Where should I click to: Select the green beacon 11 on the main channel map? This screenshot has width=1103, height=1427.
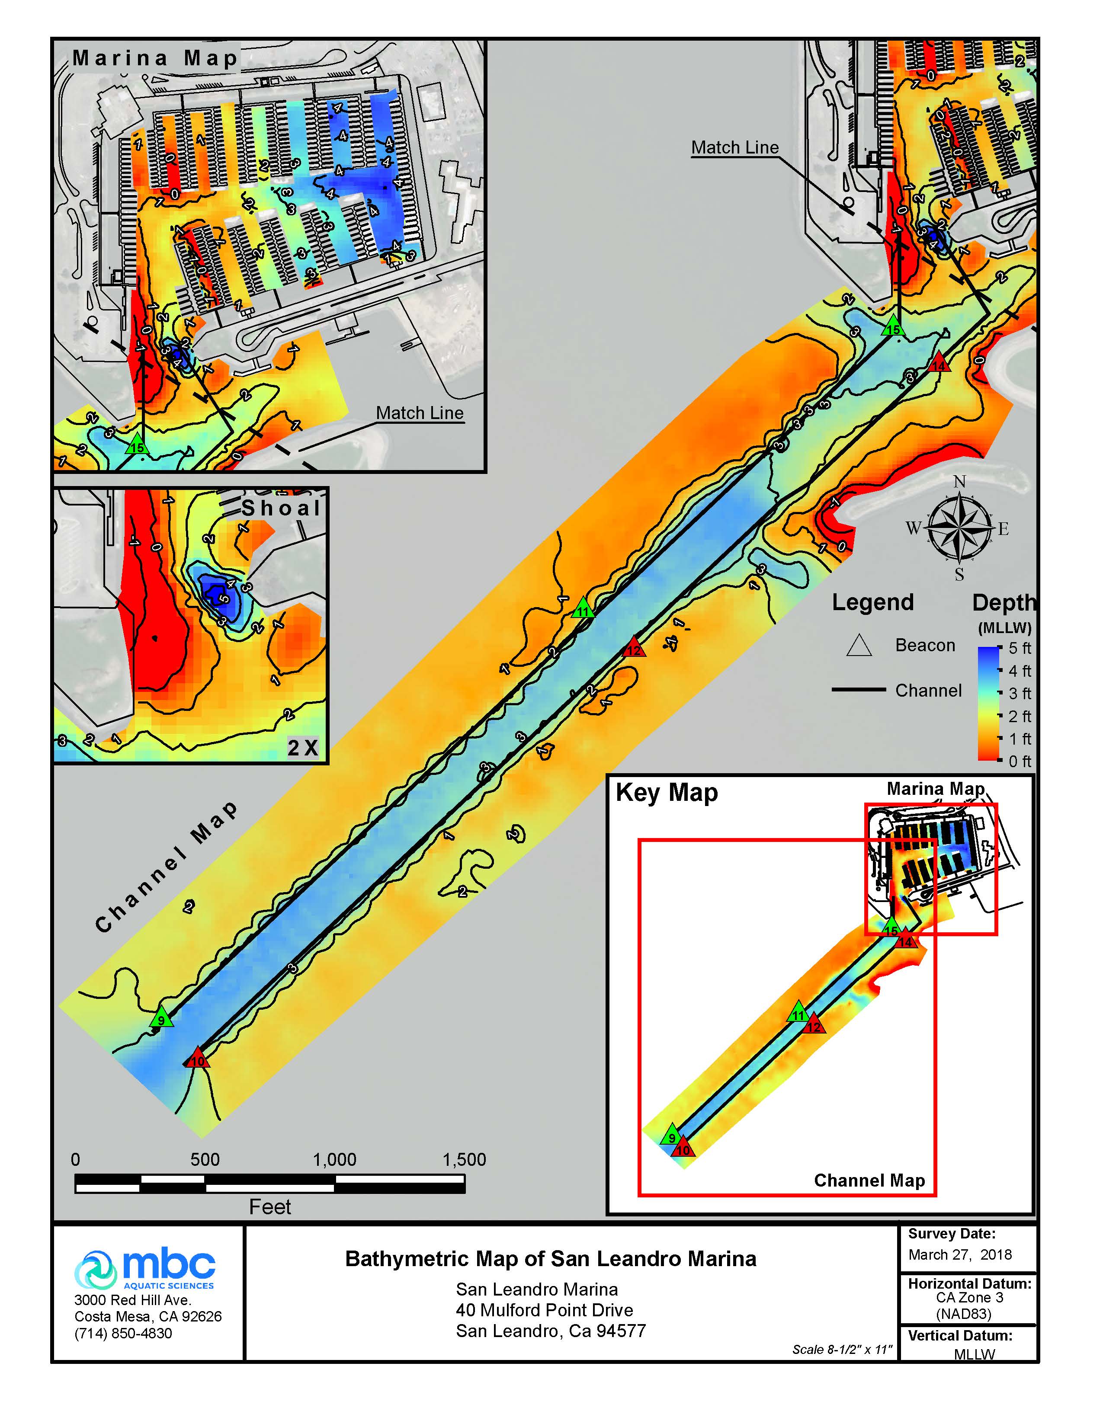pyautogui.click(x=583, y=609)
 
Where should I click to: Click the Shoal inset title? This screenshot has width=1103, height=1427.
pyautogui.click(x=281, y=508)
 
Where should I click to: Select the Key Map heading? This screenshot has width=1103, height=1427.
pyautogui.click(x=667, y=793)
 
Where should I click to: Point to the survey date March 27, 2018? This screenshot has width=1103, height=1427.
pyautogui.click(x=959, y=1254)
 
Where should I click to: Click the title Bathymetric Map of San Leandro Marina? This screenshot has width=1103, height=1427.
pyautogui.click(x=550, y=1258)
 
